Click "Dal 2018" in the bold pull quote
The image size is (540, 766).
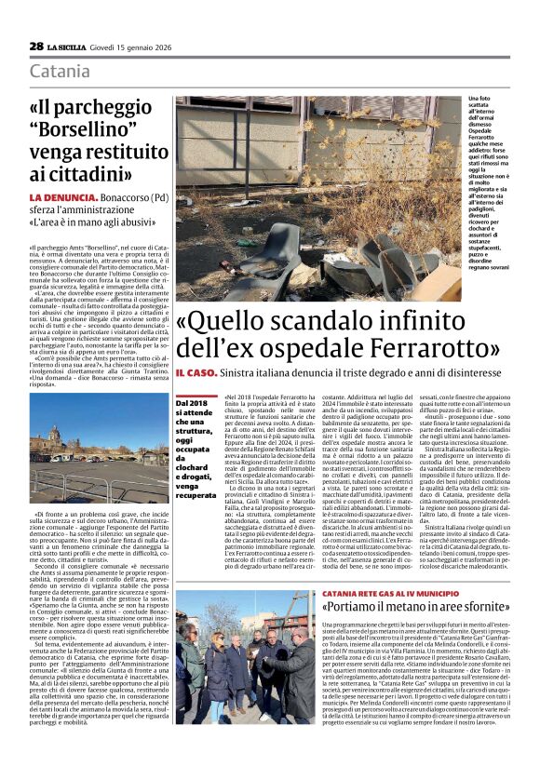point(194,401)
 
